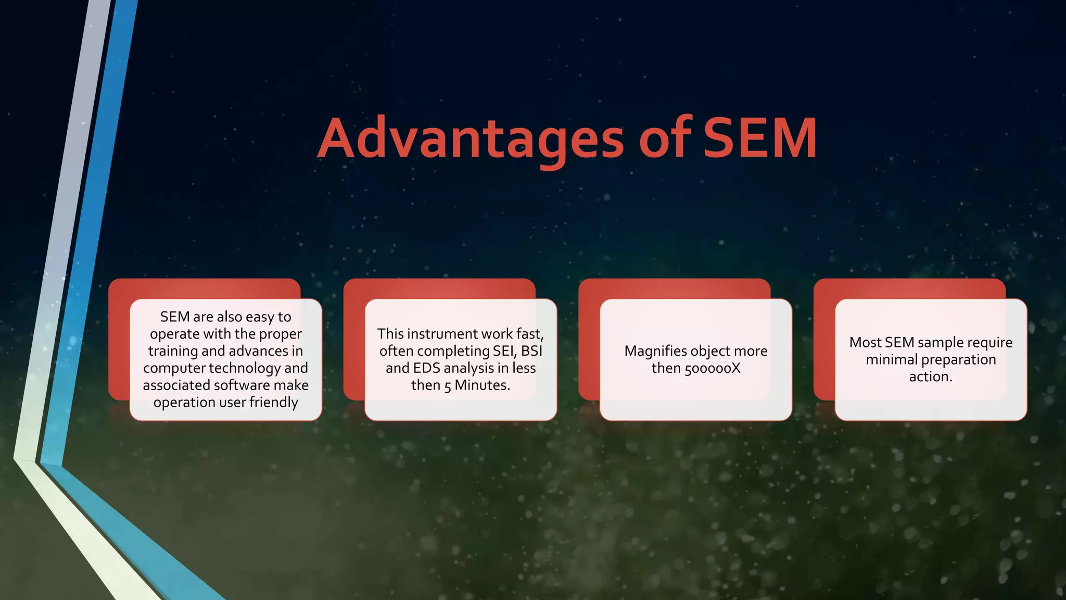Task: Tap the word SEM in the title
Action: pos(760,138)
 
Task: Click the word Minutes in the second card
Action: pos(482,385)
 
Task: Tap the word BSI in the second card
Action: pos(531,351)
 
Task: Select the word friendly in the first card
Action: pos(274,403)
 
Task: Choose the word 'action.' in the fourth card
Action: pos(931,377)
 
